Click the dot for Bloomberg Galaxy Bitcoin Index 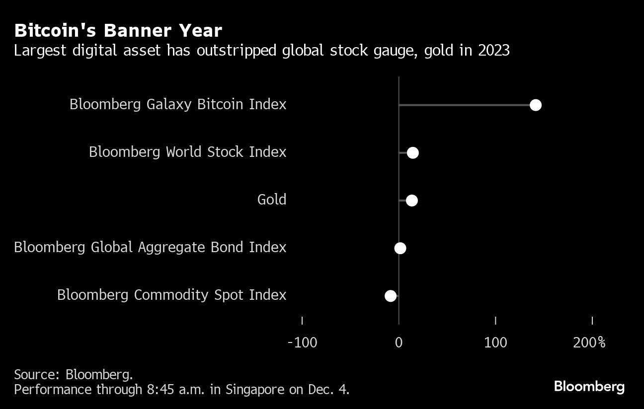(535, 105)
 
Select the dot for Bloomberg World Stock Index (412, 152)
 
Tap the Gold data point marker (411, 201)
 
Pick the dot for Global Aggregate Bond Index (400, 248)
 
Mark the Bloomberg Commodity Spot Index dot (391, 296)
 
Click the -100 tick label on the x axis (302, 342)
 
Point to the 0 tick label (399, 342)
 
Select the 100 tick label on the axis (495, 342)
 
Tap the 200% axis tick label (589, 342)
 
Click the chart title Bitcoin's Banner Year (118, 31)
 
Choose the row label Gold (272, 200)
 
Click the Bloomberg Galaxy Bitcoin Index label (178, 104)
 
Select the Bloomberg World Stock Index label (187, 152)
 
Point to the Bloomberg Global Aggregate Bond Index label (150, 247)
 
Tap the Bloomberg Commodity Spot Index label (171, 295)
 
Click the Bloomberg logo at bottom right (589, 386)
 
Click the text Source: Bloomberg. (73, 374)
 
